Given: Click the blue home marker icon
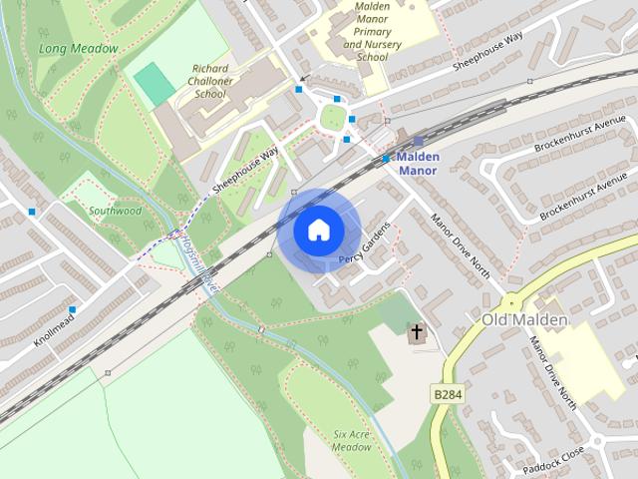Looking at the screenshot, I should tap(317, 231).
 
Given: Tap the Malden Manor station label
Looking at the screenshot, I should tap(418, 164).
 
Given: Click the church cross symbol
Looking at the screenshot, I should tap(416, 331).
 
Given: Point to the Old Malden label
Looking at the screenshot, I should tap(524, 319).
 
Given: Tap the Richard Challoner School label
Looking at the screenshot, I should tap(209, 81).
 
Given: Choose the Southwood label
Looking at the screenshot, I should tap(116, 212).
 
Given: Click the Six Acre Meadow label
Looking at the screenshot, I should tap(352, 441).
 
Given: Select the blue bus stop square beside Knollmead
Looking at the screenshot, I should tap(72, 309).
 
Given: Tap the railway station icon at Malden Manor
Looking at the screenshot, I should tap(418, 143).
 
